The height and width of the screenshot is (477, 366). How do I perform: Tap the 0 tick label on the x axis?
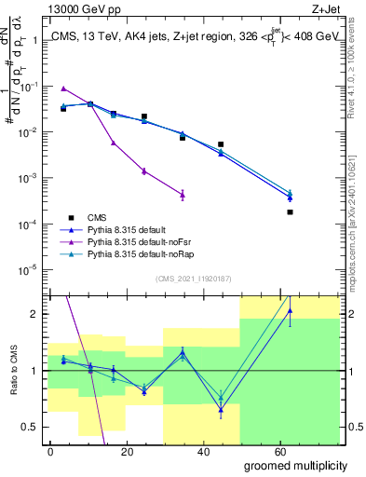click(x=49, y=451)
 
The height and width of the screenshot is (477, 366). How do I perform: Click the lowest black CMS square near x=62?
click(x=291, y=212)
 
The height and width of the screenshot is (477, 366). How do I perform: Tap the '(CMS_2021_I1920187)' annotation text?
click(x=193, y=278)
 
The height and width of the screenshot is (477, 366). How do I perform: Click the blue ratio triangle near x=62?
click(x=291, y=310)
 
